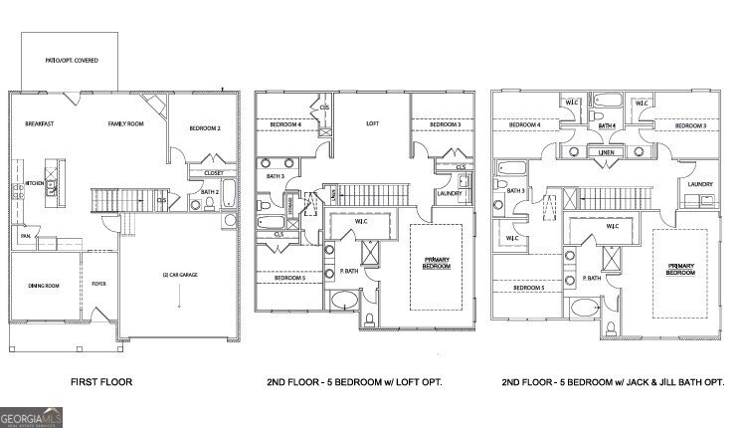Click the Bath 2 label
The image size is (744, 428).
[x=210, y=192]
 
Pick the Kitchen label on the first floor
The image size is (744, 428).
[x=33, y=183]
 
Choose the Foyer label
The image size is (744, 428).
[x=99, y=284]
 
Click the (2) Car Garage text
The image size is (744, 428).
[x=180, y=275]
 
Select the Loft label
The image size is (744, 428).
[x=372, y=123]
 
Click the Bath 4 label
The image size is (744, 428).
[x=606, y=126]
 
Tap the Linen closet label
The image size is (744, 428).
[x=605, y=152]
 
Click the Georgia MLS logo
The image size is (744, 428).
[x=32, y=417]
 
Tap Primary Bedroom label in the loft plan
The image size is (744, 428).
[x=436, y=265]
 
